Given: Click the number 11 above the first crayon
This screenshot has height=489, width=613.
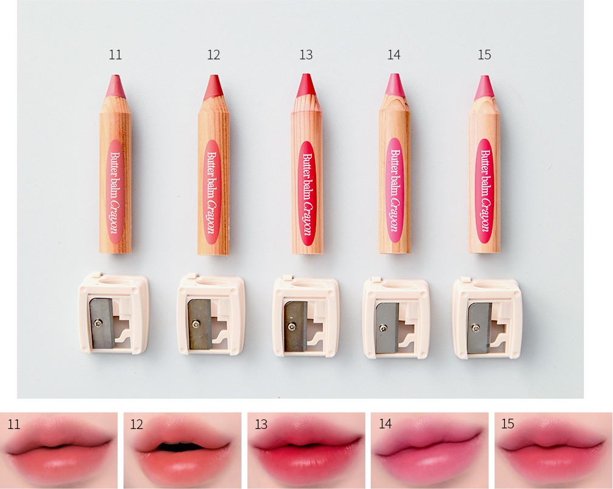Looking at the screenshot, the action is pos(115,55).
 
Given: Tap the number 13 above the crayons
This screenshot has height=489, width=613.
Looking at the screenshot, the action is pos(306,55).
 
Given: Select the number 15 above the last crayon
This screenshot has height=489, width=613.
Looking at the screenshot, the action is pos(484,55).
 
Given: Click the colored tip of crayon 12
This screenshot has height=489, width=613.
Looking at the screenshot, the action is pos(212,86).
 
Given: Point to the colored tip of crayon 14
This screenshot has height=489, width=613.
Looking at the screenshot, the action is pos(394,84).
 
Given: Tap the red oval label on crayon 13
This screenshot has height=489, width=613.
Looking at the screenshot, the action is pos(307,193).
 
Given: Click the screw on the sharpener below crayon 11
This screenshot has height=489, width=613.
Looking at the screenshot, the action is pos(98,322).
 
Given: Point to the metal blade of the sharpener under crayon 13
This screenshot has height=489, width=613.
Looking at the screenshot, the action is pos(296,326).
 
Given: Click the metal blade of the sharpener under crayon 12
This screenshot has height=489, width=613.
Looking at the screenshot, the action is pos(200,324).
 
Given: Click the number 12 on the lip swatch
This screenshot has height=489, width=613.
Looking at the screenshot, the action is pos(137,424).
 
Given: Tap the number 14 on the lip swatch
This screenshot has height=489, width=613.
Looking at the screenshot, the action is pos(385,424).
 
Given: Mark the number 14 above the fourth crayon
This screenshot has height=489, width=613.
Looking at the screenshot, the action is pos(394,55).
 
